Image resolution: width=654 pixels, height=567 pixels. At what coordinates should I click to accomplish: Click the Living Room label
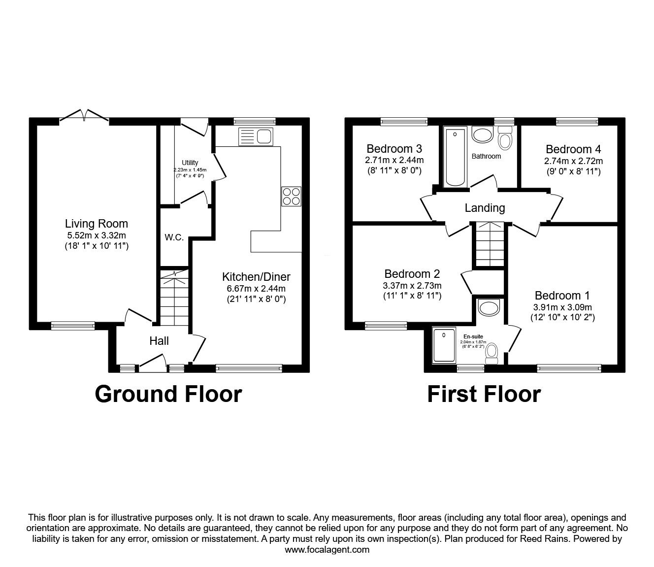coord(97,224)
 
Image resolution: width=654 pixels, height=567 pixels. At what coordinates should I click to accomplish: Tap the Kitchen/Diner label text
coord(256,276)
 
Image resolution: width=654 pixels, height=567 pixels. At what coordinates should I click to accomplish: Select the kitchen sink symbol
coord(255,136)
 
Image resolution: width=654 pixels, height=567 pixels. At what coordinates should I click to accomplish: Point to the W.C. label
coord(174,237)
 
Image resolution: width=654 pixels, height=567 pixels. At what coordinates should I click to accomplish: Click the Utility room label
coord(190,163)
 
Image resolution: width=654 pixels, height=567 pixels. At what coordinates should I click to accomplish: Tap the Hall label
coord(159,340)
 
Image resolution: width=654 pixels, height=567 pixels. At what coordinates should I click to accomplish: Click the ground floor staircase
coord(174,300)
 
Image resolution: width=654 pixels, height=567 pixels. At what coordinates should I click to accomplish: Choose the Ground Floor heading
coord(168,394)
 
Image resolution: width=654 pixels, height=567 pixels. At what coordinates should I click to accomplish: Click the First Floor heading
coord(484,394)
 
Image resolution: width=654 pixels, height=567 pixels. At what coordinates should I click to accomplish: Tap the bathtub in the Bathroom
coord(456,157)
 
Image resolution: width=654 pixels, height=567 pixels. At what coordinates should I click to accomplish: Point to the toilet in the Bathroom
coord(505,137)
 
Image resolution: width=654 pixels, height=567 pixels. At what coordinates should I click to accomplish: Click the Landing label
coord(485,208)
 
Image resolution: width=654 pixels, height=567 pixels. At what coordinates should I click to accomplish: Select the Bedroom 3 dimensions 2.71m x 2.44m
coord(394,160)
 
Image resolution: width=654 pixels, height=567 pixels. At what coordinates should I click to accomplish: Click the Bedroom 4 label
coord(573,149)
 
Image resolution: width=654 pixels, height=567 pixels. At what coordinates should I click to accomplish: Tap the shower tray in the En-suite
coord(445,346)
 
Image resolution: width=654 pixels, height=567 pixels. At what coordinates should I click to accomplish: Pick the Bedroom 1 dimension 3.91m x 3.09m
coord(562,307)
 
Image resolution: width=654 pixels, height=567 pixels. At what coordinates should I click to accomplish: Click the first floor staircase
coord(490,244)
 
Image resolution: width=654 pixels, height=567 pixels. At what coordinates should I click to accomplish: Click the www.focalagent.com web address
coord(327,549)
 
